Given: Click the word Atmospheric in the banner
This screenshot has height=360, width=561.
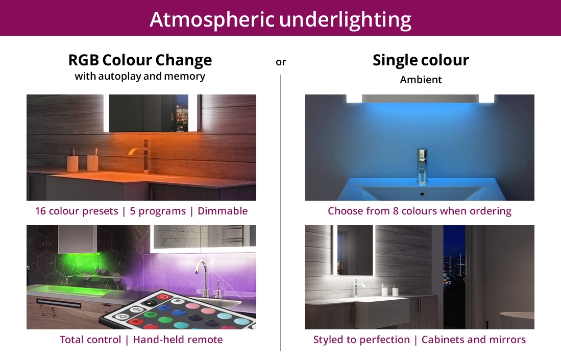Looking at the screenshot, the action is pyautogui.click(x=212, y=20).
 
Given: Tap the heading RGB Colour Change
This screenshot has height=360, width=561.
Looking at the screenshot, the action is pyautogui.click(x=140, y=60).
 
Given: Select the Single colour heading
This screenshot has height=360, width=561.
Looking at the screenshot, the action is pyautogui.click(x=421, y=60).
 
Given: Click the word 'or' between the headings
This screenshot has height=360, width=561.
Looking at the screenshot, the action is pyautogui.click(x=281, y=62).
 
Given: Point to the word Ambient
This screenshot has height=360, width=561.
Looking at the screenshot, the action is pyautogui.click(x=421, y=80).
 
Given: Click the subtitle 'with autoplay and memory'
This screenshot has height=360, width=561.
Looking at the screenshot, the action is pyautogui.click(x=140, y=76).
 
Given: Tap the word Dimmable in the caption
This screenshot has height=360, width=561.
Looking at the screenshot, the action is pyautogui.click(x=223, y=211).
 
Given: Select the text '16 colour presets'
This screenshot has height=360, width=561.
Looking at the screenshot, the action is pyautogui.click(x=77, y=211).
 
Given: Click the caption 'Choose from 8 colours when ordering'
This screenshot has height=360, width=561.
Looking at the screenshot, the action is pyautogui.click(x=419, y=211).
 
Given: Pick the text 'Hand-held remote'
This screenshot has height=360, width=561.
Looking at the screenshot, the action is pyautogui.click(x=178, y=340).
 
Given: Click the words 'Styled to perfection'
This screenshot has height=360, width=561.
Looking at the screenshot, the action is pyautogui.click(x=361, y=340).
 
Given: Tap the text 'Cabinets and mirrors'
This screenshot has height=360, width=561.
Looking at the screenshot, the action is pyautogui.click(x=474, y=340).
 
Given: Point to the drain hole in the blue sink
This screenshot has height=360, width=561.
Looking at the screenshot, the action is pyautogui.click(x=422, y=194).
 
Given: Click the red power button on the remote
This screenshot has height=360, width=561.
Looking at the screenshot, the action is pyautogui.click(x=163, y=297).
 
